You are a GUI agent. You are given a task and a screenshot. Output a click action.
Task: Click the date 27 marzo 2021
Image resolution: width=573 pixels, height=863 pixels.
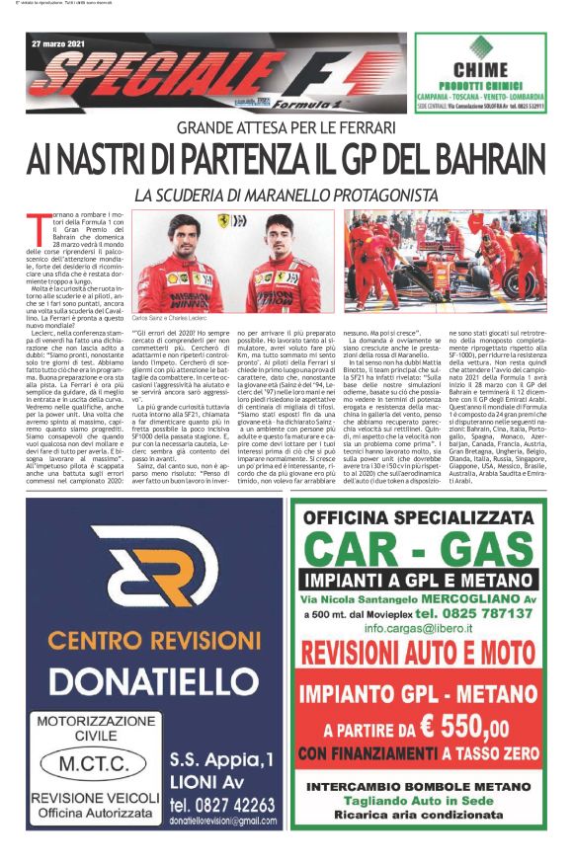pyautogui.click(x=57, y=45)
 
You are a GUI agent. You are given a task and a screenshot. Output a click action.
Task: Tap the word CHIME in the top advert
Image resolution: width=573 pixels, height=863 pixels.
pyautogui.click(x=480, y=69)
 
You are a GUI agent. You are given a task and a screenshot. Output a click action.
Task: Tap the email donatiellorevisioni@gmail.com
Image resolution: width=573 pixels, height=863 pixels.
pyautogui.click(x=222, y=822)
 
